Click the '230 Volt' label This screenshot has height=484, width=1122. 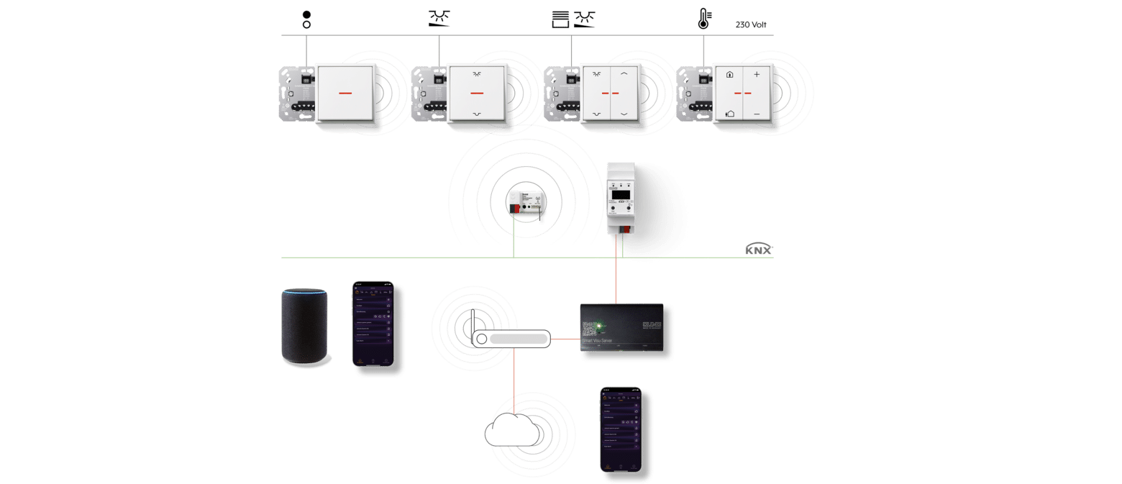(x=750, y=24)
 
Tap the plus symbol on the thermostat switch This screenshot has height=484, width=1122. (x=756, y=75)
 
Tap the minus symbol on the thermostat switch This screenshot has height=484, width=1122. (x=756, y=114)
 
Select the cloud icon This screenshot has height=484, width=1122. (x=511, y=432)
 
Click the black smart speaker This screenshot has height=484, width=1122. (x=304, y=327)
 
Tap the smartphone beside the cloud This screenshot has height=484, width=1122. (x=621, y=429)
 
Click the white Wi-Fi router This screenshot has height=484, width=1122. (x=511, y=339)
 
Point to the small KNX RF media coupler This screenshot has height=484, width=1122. (x=524, y=204)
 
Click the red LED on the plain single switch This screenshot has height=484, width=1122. (x=345, y=94)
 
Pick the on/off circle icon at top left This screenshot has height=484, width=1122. (x=306, y=19)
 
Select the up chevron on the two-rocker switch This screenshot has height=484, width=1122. (x=624, y=74)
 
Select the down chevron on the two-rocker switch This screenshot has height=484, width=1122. (x=624, y=114)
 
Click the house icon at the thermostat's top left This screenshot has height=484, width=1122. (x=729, y=74)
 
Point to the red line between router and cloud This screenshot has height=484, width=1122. (x=514, y=381)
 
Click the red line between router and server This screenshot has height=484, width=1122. (x=565, y=339)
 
